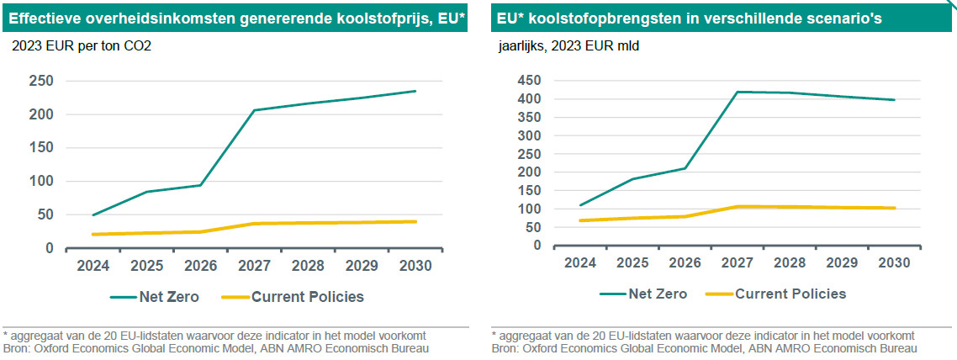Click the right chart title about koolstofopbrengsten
click(x=690, y=18)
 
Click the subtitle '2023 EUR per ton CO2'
click(x=81, y=47)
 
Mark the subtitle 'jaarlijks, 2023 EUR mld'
click(x=568, y=47)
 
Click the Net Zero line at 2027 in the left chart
click(x=254, y=110)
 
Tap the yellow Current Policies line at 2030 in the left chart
click(x=415, y=221)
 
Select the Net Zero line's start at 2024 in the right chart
click(x=581, y=205)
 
